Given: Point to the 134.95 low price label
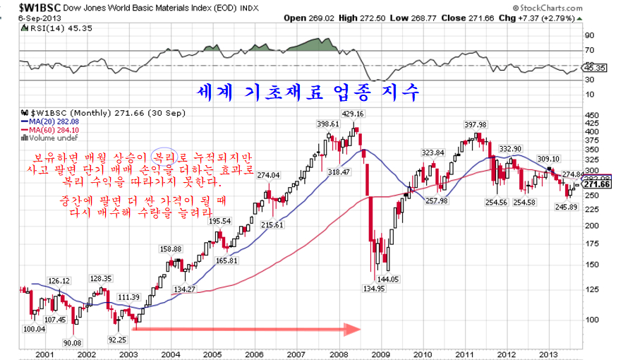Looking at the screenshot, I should [x=375, y=287].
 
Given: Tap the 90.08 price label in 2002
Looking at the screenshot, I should [x=72, y=342].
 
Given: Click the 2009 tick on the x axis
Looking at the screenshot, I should [x=381, y=354].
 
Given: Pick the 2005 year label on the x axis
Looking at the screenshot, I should [x=212, y=354].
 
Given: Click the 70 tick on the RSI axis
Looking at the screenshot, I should [x=588, y=50].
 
